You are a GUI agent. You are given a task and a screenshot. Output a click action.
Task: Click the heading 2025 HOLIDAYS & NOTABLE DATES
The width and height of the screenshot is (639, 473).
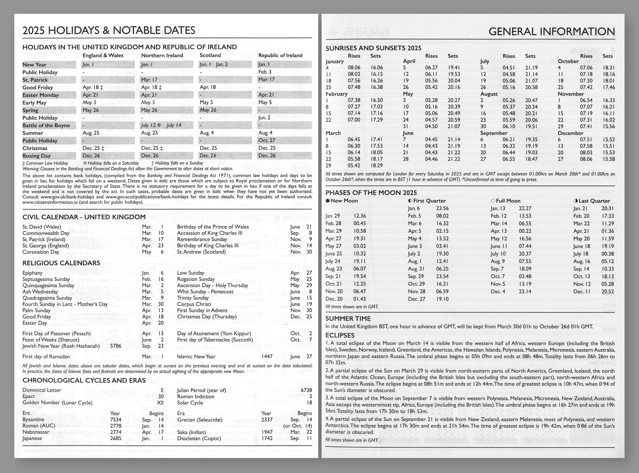pyautogui.click(x=109, y=30)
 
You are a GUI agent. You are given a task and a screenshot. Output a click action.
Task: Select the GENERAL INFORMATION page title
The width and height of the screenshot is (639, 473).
pyautogui.click(x=551, y=32)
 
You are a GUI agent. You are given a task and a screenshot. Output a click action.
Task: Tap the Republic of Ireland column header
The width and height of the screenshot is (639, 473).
pyautogui.click(x=280, y=55)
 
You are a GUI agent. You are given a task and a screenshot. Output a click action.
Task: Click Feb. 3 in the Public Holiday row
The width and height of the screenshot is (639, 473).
pyautogui.click(x=265, y=72)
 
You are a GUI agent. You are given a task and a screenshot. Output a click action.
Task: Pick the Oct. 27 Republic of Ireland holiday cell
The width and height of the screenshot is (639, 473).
pyautogui.click(x=265, y=140)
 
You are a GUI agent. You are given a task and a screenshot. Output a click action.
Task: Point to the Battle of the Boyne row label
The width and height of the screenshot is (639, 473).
pyautogui.click(x=46, y=125)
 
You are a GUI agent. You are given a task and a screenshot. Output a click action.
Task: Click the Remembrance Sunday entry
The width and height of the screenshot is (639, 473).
pyautogui.click(x=202, y=239)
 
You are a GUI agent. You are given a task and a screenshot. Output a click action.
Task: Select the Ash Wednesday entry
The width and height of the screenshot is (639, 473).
pyautogui.click(x=40, y=292)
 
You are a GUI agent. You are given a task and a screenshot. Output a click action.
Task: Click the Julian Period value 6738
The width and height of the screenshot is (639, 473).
pyautogui.click(x=306, y=390)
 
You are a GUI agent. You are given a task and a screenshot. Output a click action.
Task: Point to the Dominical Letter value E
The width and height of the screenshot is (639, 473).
pyautogui.click(x=162, y=390)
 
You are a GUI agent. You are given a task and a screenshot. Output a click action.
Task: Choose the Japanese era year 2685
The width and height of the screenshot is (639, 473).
pyautogui.click(x=116, y=438)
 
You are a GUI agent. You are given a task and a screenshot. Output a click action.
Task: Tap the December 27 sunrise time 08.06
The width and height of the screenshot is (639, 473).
pyautogui.click(x=586, y=159)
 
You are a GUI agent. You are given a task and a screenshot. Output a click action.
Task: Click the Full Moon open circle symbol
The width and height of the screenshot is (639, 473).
pyautogui.click(x=493, y=201)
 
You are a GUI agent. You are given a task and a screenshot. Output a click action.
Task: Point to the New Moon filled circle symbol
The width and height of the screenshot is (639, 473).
pyautogui.click(x=327, y=201)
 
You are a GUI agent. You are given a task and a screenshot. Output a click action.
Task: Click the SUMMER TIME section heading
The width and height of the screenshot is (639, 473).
pyautogui.click(x=348, y=319)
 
